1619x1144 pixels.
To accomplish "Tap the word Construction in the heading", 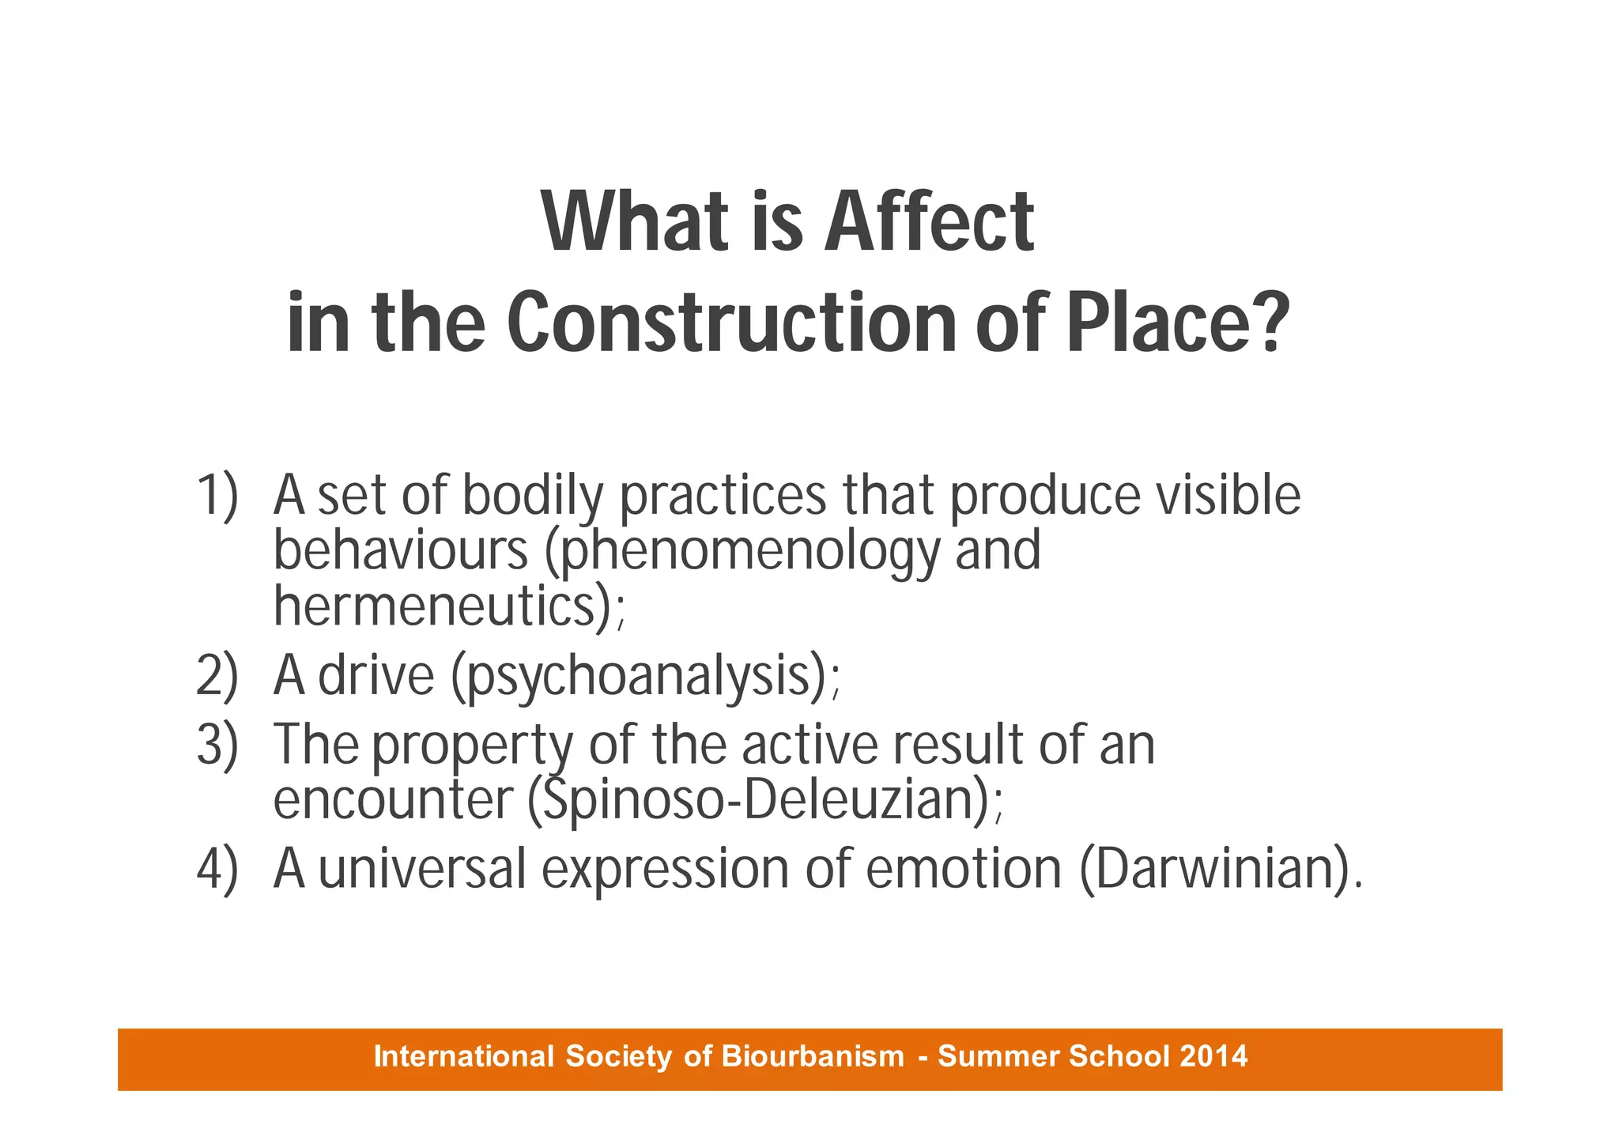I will click(731, 323).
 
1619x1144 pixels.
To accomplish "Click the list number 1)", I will click(217, 496).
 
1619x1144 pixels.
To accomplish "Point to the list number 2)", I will click(217, 677).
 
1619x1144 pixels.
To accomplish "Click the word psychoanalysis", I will click(639, 677).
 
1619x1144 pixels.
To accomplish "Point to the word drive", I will click(376, 677).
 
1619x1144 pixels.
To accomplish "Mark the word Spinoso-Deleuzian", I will click(758, 800).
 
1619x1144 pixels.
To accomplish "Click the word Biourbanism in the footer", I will click(813, 1056).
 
